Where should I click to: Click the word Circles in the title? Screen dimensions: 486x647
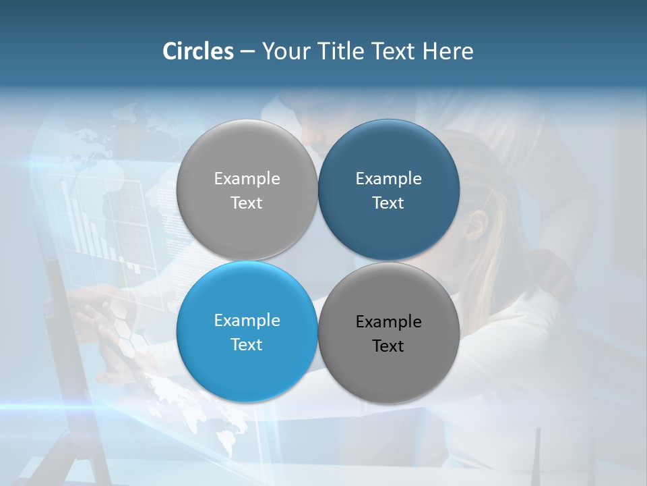(198, 51)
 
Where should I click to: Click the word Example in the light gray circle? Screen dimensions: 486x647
(247, 179)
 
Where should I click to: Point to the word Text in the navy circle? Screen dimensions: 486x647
(388, 203)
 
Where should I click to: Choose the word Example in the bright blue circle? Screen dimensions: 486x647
(247, 321)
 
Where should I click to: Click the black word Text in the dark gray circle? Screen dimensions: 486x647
(388, 346)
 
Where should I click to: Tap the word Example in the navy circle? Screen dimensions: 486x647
(388, 179)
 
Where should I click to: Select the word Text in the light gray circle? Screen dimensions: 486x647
(247, 203)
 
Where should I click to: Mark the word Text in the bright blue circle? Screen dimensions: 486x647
(247, 345)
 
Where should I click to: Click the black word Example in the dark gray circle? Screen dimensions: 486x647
(388, 322)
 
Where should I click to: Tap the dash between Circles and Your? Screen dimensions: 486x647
(247, 52)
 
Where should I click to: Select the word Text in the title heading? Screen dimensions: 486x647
(394, 51)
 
